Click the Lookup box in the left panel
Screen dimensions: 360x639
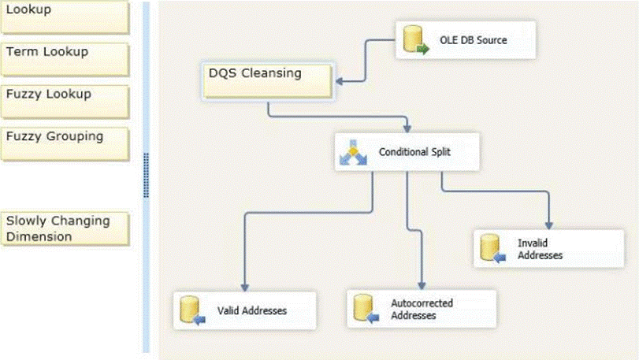click(64, 16)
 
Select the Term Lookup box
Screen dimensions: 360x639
click(64, 58)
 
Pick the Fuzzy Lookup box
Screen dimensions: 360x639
click(64, 101)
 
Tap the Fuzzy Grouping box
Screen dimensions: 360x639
click(64, 143)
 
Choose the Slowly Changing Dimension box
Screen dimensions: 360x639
click(64, 228)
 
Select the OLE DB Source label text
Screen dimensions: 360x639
click(473, 39)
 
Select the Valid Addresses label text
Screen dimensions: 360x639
click(252, 310)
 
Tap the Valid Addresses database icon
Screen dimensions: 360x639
click(192, 310)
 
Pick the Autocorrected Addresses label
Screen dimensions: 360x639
click(422, 309)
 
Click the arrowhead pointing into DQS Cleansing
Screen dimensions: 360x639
click(338, 80)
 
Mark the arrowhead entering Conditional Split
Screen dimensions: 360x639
click(407, 127)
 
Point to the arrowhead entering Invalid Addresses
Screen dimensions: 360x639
click(548, 225)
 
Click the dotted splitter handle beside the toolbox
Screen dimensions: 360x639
click(146, 175)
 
